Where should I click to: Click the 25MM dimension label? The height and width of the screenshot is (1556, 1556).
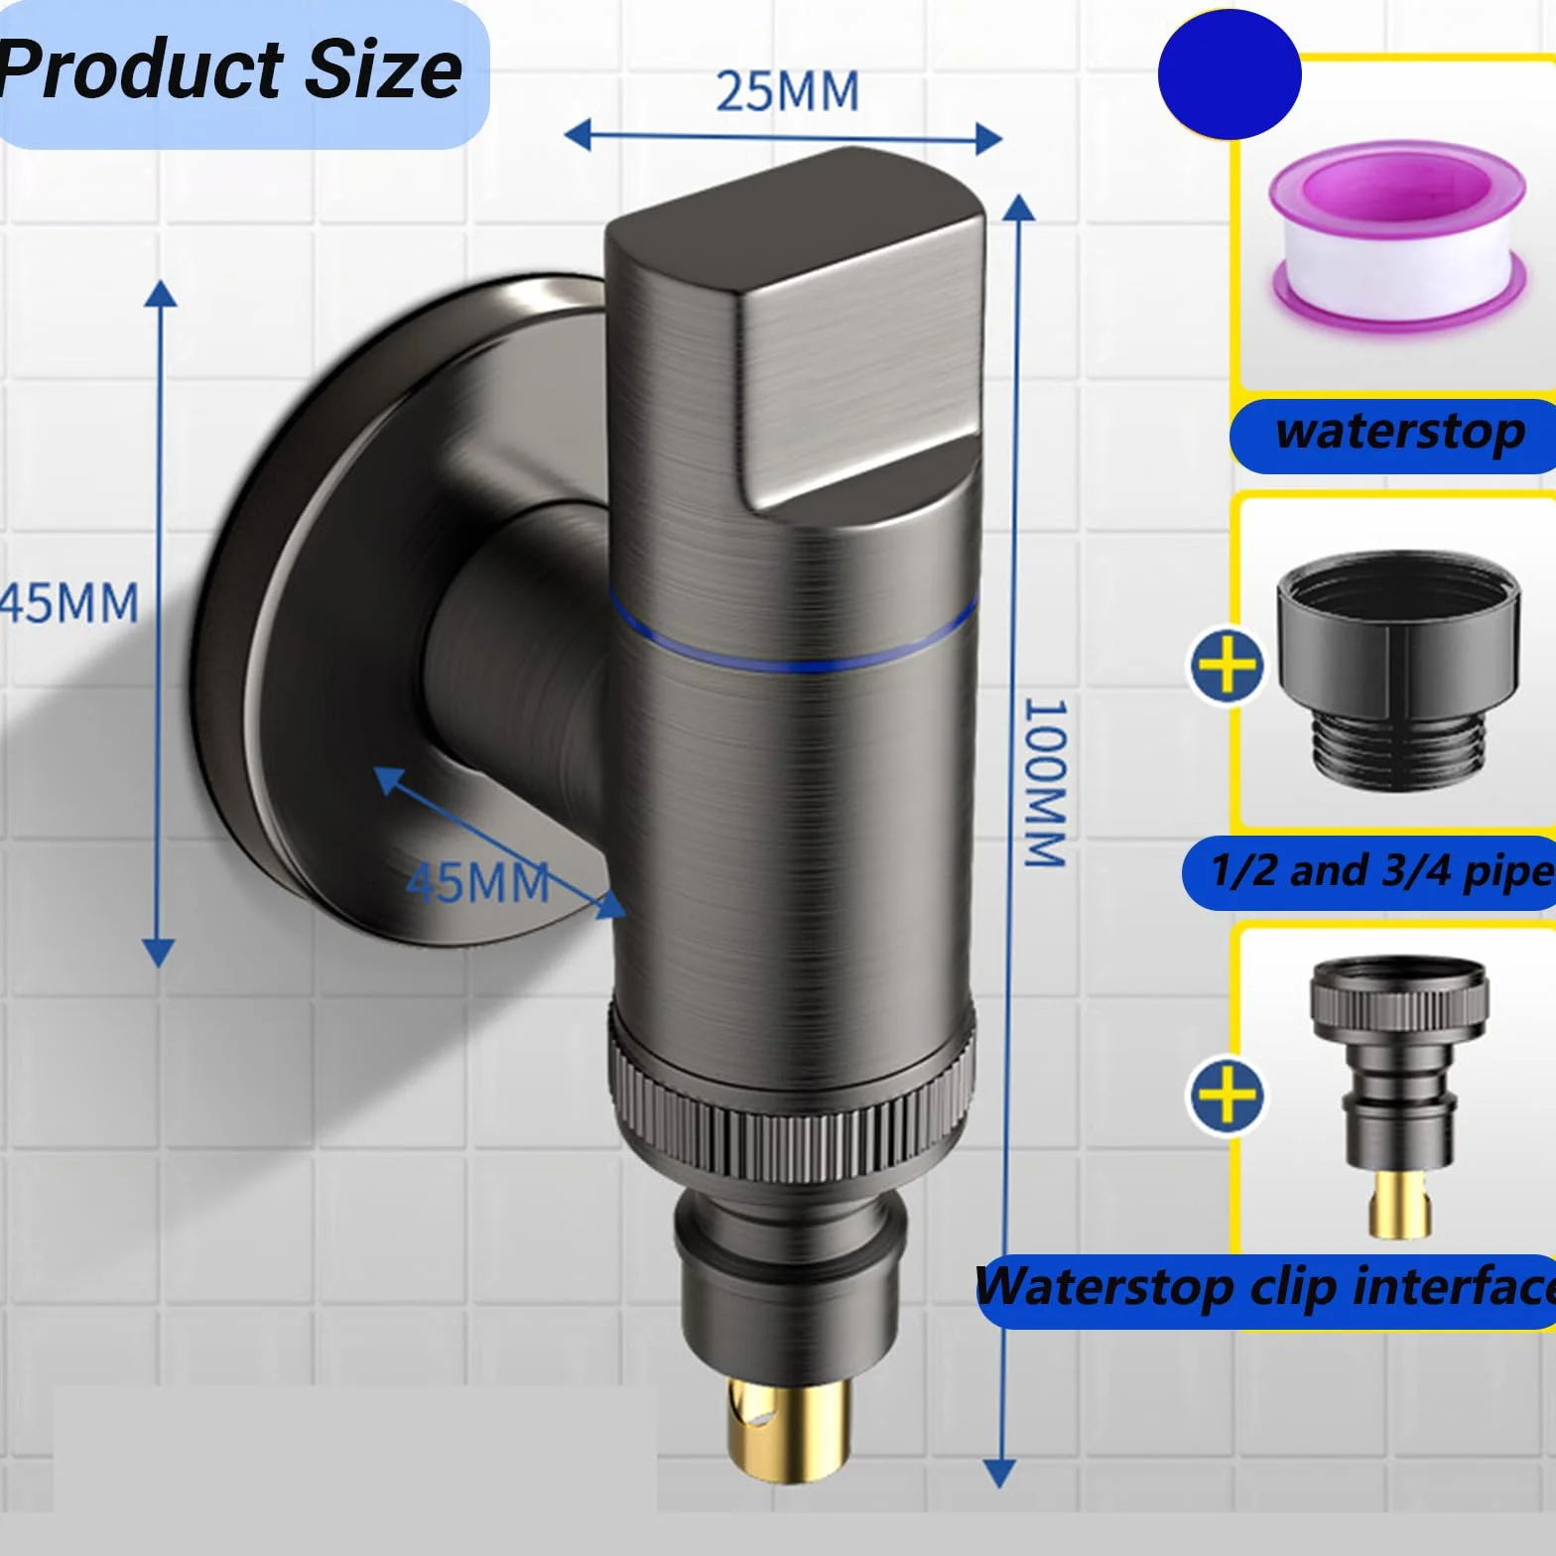pos(787,91)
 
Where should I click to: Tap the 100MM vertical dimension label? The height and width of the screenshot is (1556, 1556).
pos(1045,783)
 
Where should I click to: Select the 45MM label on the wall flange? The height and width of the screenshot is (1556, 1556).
pos(477,882)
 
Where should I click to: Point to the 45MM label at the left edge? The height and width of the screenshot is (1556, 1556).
pos(68,603)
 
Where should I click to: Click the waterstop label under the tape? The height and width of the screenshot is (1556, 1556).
pos(1399,433)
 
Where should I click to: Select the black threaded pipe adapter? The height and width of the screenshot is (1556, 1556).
pos(1397,672)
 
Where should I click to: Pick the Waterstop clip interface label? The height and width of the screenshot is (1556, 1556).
pos(1265,1287)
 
